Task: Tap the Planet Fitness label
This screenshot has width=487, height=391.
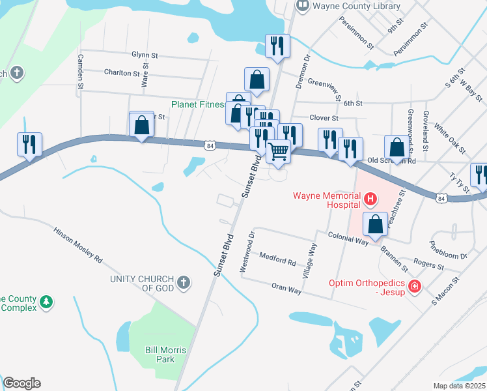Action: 198,104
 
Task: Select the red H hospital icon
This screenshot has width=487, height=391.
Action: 370,198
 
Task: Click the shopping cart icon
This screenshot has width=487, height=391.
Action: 279,151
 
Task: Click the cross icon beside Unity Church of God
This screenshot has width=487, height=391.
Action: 184,282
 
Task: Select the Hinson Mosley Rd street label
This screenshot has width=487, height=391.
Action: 77,245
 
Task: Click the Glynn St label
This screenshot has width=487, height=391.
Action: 145,55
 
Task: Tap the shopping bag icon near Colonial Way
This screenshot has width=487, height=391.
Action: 376,224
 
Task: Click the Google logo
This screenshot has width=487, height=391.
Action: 21,383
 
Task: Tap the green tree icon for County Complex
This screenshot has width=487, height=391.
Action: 46,302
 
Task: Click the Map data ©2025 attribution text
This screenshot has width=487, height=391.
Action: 459,386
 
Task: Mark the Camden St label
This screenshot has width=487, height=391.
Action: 81,71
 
